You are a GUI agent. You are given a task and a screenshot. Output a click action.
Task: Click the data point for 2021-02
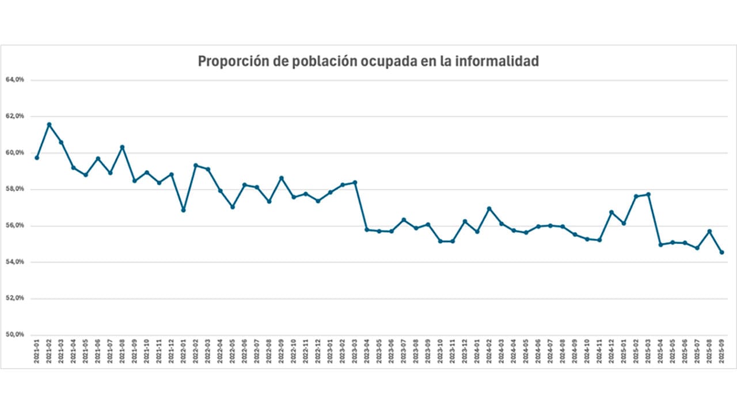pyautogui.click(x=49, y=124)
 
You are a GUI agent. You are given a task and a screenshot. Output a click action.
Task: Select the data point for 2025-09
pyautogui.click(x=721, y=252)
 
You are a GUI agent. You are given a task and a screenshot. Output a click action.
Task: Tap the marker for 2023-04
pyautogui.click(x=367, y=230)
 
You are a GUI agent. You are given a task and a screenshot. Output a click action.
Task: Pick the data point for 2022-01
pyautogui.click(x=183, y=210)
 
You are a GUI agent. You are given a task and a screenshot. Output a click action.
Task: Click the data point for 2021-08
pyautogui.click(x=122, y=147)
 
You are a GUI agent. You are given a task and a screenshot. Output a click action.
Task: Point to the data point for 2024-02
pyautogui.click(x=489, y=209)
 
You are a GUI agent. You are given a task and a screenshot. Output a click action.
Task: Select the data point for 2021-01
pyautogui.click(x=37, y=158)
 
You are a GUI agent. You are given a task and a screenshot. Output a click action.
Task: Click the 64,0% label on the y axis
pyautogui.click(x=15, y=80)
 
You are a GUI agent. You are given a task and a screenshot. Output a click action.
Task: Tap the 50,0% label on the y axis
pyautogui.click(x=15, y=335)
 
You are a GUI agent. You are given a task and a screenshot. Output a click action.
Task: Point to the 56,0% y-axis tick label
pyautogui.click(x=15, y=225)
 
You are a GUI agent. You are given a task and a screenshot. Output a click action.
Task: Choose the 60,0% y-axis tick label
pyautogui.click(x=15, y=152)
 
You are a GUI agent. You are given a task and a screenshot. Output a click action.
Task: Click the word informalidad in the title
pyautogui.click(x=497, y=61)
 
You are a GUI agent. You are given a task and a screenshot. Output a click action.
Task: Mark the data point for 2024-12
pyautogui.click(x=611, y=212)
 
